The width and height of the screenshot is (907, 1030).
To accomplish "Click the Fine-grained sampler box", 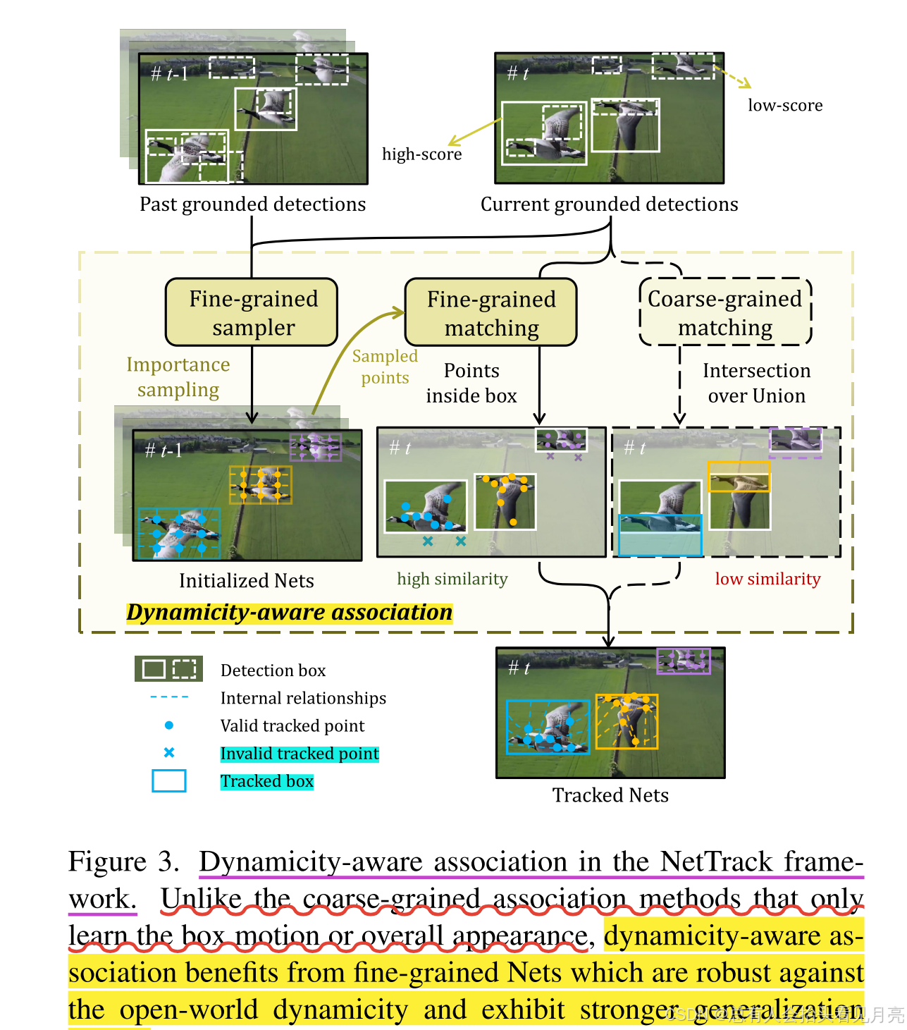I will point(252,312).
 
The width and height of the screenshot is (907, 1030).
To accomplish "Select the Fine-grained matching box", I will point(491,312).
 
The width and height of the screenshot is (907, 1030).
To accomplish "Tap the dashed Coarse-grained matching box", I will point(725,312).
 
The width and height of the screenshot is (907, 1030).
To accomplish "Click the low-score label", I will point(784,106).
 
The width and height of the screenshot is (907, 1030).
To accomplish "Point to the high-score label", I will point(421,154).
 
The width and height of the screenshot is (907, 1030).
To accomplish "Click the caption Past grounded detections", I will point(252,204).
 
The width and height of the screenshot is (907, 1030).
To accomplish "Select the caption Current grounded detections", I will point(609,204).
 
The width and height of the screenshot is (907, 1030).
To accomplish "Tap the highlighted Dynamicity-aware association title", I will point(289,612).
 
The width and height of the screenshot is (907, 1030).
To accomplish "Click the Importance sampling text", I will point(178,377).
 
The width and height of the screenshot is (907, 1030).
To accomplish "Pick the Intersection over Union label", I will point(756,383).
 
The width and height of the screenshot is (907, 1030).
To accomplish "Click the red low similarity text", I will point(767,579).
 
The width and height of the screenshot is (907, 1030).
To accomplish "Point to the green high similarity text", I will point(452,579).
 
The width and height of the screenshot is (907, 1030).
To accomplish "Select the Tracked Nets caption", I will point(610,795).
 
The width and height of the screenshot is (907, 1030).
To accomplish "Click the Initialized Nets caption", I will point(246,581).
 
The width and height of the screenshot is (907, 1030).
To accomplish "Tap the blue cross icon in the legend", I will point(169,752).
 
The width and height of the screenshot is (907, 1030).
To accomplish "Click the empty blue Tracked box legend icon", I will point(169,780).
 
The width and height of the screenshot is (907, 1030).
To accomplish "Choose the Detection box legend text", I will point(273,670).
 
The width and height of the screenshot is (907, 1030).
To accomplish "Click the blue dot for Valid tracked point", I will point(169,725).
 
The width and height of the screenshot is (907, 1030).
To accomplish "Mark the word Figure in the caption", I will point(107,862).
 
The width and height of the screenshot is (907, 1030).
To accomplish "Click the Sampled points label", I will point(385,367).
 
